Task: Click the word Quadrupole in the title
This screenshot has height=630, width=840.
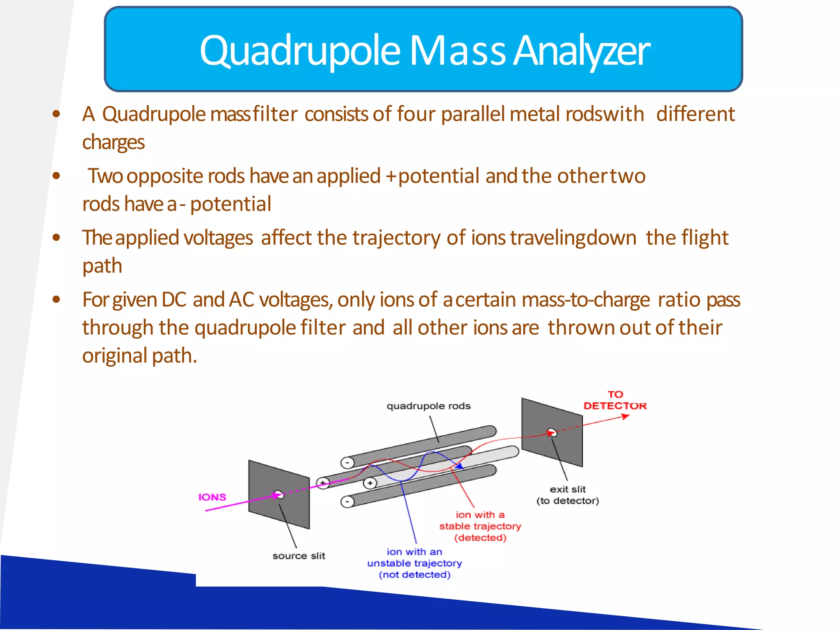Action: (299, 51)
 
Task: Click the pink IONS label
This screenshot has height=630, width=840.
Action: (212, 497)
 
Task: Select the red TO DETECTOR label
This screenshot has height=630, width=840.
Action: (615, 400)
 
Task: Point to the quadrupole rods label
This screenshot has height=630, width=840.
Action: (428, 406)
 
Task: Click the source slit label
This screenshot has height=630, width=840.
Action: (299, 556)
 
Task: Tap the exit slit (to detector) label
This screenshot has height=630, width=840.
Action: (568, 495)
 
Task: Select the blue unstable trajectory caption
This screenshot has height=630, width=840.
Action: (414, 563)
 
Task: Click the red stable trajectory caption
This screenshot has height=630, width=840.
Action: (480, 526)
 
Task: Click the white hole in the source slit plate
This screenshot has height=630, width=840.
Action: (279, 495)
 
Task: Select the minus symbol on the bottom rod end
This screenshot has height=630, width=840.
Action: (347, 502)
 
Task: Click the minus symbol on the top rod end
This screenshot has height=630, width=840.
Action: (347, 463)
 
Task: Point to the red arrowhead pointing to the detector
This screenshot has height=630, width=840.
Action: (626, 416)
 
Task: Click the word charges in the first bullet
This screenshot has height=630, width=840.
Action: (113, 142)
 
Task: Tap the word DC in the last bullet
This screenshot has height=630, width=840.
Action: (174, 299)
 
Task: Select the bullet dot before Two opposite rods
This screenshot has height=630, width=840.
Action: (57, 176)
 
